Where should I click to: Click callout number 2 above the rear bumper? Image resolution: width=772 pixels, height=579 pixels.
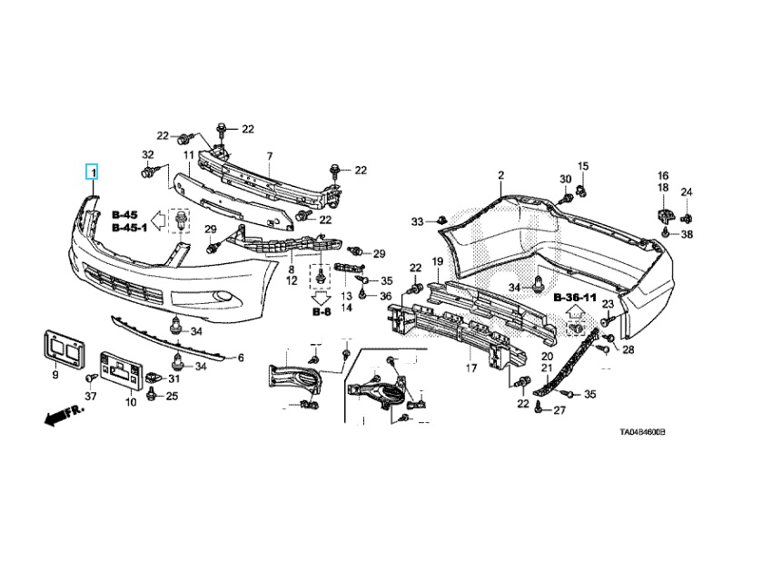[x=500, y=174]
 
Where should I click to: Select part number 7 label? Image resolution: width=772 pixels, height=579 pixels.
[x=269, y=157]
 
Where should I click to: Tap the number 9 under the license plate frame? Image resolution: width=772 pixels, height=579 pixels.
[x=55, y=375]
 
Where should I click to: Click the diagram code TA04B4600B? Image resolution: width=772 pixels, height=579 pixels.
[x=642, y=434]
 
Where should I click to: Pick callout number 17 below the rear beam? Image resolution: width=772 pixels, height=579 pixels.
[x=470, y=368]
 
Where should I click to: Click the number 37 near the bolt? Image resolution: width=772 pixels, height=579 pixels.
[x=90, y=397]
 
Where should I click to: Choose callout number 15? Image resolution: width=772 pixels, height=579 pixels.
[x=583, y=166]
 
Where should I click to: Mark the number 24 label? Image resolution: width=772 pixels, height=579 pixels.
[x=687, y=192]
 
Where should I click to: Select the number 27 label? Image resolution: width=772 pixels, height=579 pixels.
[x=559, y=411]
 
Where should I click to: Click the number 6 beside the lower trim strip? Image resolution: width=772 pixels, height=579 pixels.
[x=241, y=358]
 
